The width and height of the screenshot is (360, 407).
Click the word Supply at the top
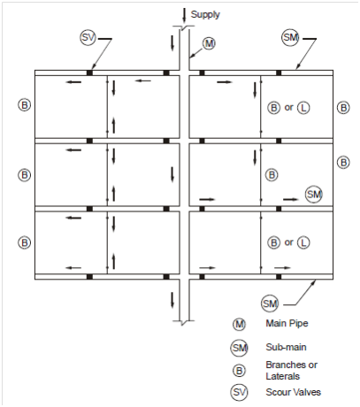(205, 14)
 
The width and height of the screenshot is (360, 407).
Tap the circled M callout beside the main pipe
(209, 43)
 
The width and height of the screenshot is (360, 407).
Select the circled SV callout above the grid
(88, 37)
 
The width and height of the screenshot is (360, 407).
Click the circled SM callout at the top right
(290, 37)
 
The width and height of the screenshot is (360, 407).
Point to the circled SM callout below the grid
(270, 303)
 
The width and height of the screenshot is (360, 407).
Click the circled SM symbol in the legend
(239, 348)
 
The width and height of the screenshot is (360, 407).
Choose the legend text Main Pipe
(287, 324)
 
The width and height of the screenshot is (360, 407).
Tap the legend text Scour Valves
(293, 392)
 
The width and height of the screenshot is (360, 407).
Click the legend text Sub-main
(286, 347)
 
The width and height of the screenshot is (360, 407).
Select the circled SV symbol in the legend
(239, 392)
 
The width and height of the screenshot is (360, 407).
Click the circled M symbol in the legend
(239, 325)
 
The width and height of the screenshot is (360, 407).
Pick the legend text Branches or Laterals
(291, 371)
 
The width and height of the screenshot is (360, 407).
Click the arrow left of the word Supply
(184, 15)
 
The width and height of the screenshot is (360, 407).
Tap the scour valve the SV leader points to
(89, 73)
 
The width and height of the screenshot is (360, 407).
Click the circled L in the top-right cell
(303, 108)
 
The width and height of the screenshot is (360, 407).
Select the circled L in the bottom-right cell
(303, 243)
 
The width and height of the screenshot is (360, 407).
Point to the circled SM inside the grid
(314, 195)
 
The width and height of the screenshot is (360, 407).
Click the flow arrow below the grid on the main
(172, 300)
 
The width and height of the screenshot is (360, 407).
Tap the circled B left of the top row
(25, 105)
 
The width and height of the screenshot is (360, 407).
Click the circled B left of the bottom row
(25, 243)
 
